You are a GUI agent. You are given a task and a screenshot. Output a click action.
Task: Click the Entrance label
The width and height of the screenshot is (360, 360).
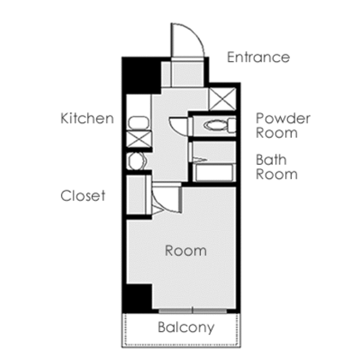259,57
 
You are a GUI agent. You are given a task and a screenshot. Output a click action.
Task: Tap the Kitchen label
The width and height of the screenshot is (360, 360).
87,118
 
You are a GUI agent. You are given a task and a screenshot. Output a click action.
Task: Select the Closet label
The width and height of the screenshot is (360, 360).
83,196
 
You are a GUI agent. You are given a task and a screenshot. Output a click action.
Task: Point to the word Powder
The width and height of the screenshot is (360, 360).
283,118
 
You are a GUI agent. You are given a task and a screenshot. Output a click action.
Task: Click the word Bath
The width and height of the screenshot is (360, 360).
271,160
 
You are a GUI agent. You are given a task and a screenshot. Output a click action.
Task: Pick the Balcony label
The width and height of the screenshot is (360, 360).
186,328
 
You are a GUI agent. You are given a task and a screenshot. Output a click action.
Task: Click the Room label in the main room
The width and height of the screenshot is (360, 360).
186,250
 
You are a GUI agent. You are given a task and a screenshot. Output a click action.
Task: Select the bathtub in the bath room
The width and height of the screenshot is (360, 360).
214,173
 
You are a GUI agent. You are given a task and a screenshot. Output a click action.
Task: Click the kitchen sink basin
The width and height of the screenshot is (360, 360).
139,123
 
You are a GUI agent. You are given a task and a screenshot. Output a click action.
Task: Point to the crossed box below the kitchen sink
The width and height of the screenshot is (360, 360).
139,139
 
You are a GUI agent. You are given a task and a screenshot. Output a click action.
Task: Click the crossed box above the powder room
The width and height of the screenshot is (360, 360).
223,99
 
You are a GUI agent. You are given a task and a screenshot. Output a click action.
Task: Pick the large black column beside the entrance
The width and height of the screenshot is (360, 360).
140,74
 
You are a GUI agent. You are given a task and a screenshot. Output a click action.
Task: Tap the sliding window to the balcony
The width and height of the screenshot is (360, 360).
193,311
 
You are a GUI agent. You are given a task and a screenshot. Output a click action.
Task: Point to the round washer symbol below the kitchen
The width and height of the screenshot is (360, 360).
137,161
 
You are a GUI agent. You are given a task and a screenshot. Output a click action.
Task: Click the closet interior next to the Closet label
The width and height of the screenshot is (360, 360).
136,194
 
